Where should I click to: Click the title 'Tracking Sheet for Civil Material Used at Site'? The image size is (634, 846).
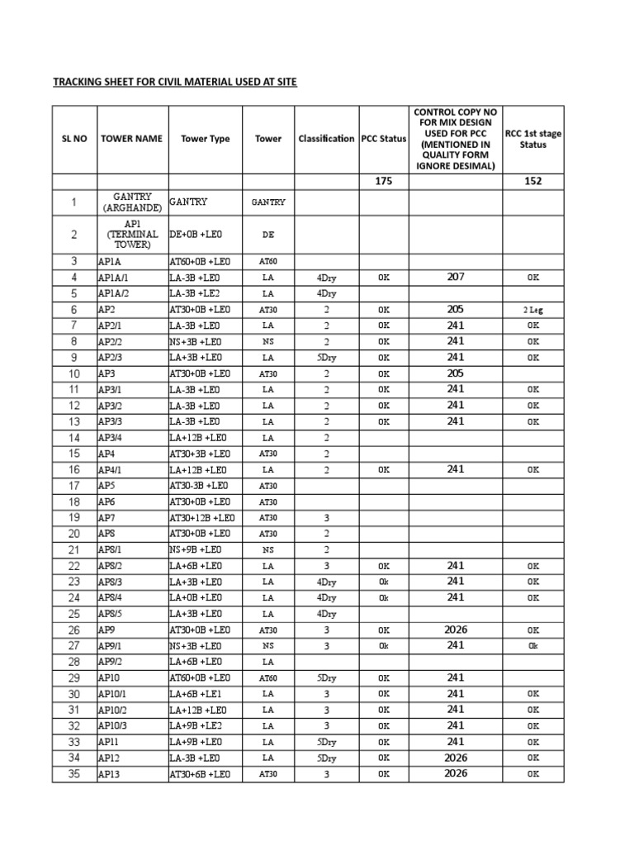(x=174, y=82)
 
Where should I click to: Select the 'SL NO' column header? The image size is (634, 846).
(x=74, y=139)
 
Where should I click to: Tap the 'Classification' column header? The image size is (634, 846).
(x=326, y=139)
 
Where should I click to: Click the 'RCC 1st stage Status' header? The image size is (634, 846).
(x=533, y=139)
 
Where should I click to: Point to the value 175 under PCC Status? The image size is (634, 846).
(x=384, y=182)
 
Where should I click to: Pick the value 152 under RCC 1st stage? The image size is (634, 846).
(x=533, y=182)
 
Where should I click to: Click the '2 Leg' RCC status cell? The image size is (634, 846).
(x=533, y=309)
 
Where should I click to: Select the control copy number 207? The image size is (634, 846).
(x=456, y=277)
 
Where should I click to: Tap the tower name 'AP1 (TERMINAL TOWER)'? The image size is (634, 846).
(x=132, y=235)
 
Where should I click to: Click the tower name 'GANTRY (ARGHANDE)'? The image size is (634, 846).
(x=132, y=202)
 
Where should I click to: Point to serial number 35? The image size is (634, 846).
(x=74, y=774)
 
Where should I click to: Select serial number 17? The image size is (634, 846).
(x=74, y=486)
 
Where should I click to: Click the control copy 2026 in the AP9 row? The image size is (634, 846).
(x=456, y=630)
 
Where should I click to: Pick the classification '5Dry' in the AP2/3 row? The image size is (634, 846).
(x=326, y=358)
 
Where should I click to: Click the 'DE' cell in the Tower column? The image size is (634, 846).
(x=268, y=235)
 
